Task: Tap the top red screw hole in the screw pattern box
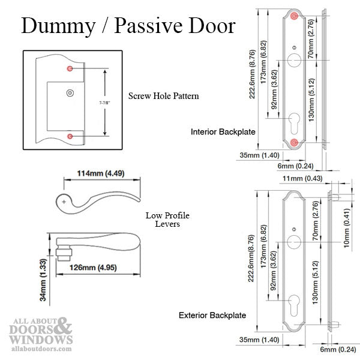[x=70, y=70]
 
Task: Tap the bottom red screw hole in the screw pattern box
[x=70, y=137]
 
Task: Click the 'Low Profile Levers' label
[x=163, y=220]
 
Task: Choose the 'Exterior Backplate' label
[x=212, y=314]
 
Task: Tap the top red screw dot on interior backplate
[x=294, y=16]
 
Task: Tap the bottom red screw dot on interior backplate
[x=294, y=142]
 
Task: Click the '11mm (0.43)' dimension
[x=304, y=178]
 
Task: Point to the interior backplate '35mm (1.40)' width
[x=254, y=154]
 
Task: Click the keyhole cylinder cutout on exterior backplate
[x=294, y=301]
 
